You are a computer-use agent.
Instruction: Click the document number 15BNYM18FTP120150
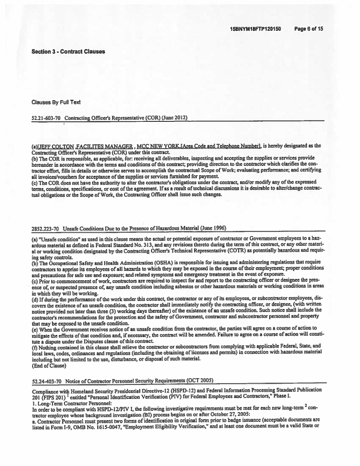pos(255,29)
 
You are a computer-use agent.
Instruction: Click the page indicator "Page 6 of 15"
pos(309,29)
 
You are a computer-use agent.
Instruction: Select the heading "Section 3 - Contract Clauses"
pos(68,52)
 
